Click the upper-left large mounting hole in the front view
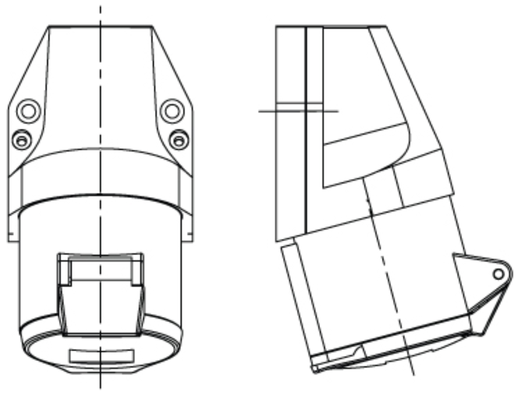(28, 110)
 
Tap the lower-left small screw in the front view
(21, 139)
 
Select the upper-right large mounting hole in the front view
(172, 110)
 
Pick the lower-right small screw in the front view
(178, 139)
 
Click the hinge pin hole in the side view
(498, 274)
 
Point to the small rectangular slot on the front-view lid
(101, 355)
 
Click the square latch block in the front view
(101, 293)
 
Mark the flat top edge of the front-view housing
(101, 26)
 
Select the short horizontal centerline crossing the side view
(298, 111)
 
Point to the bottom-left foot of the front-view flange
(10, 238)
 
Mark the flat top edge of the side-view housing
(330, 26)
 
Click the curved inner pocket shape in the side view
(365, 154)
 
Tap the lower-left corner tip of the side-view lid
(314, 369)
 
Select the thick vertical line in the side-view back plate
(306, 129)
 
